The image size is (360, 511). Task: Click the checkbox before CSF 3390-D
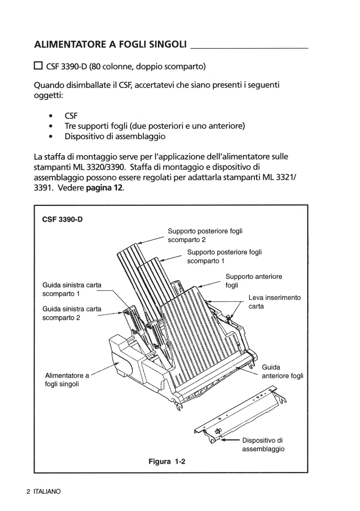[x=38, y=66]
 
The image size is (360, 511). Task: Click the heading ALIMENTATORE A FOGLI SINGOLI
[x=110, y=45]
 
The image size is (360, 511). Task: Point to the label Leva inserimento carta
[x=275, y=302]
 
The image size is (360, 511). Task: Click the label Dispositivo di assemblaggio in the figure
[x=263, y=444]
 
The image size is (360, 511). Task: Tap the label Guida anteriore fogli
[x=282, y=372]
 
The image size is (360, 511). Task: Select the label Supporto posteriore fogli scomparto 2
[x=205, y=235]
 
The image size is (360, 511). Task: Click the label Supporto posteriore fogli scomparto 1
[x=224, y=256]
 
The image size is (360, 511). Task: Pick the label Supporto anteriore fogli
[x=254, y=281]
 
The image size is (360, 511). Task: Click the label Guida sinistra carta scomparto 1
[x=72, y=289]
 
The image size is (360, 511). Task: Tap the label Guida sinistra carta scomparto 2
[x=72, y=313]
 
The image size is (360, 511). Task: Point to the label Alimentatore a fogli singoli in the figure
[x=67, y=379]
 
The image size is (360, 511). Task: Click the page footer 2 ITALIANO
[x=43, y=492]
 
